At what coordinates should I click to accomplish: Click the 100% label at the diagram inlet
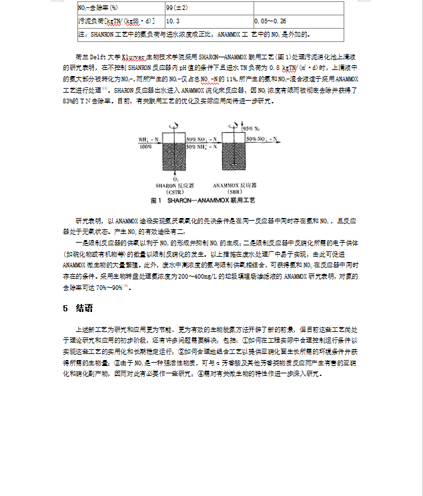tap(145, 146)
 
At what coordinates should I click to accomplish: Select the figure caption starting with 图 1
tap(203, 200)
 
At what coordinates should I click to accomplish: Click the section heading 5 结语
tap(77, 309)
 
